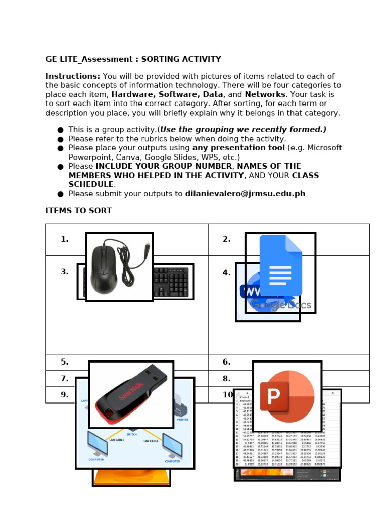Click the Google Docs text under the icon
281,305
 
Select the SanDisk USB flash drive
131,394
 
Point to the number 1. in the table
65,239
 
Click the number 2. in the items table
227,239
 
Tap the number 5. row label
65,362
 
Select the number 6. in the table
227,362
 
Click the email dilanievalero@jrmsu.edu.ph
245,194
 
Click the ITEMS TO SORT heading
79,211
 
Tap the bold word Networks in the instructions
265,94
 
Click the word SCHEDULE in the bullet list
91,184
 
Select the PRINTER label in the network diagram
182,419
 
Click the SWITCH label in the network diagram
131,434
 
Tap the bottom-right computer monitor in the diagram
172,446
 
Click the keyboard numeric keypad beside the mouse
178,281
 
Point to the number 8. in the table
227,379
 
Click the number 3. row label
65,272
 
